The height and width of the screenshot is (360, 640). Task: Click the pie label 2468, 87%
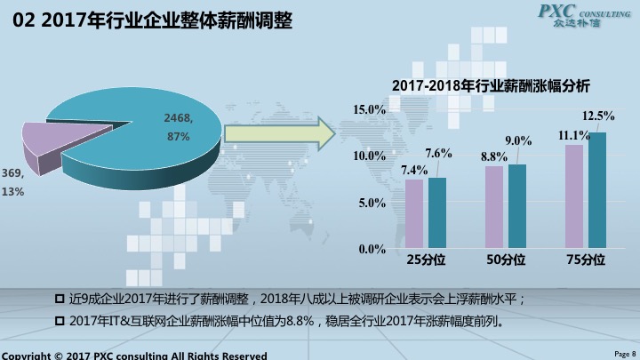click(x=179, y=127)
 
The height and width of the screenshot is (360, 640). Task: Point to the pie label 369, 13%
click(x=12, y=181)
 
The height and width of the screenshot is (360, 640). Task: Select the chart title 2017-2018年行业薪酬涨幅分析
click(x=490, y=86)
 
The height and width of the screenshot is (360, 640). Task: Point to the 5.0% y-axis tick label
click(x=372, y=204)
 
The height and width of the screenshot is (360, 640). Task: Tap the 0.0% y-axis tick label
click(x=372, y=250)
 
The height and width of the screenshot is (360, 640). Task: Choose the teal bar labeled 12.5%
click(x=596, y=190)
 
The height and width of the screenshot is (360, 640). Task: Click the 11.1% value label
click(x=573, y=135)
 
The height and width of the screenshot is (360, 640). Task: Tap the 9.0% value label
click(x=518, y=140)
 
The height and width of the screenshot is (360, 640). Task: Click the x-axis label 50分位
click(x=506, y=260)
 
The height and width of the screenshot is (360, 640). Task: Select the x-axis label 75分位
click(x=585, y=260)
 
